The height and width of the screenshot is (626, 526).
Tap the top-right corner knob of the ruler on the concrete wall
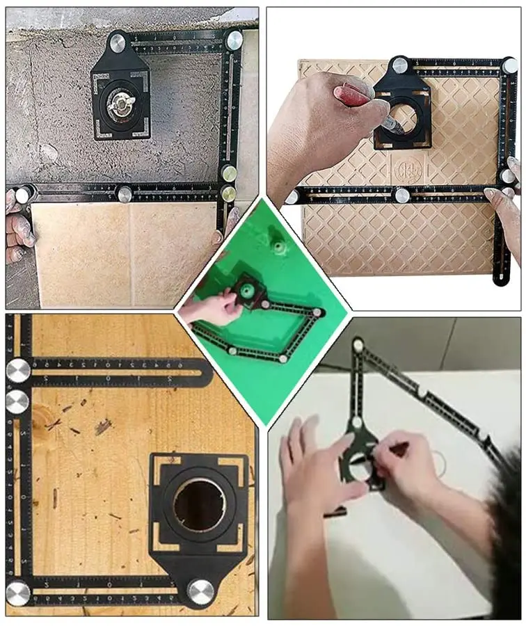pos(234,40)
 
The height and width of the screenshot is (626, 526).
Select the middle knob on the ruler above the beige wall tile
pos(125,194)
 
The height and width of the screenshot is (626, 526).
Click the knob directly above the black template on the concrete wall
pos(117,43)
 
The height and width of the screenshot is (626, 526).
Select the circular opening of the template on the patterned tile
pos(402,119)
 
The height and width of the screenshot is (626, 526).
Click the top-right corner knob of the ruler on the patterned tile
pos(510,65)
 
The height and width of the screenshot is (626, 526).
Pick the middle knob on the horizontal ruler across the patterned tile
pos(402,195)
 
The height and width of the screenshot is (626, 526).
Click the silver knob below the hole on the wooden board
pos(200,592)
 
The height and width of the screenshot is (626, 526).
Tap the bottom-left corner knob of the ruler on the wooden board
pos(18,593)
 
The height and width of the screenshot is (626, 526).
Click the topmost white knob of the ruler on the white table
pos(358,345)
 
